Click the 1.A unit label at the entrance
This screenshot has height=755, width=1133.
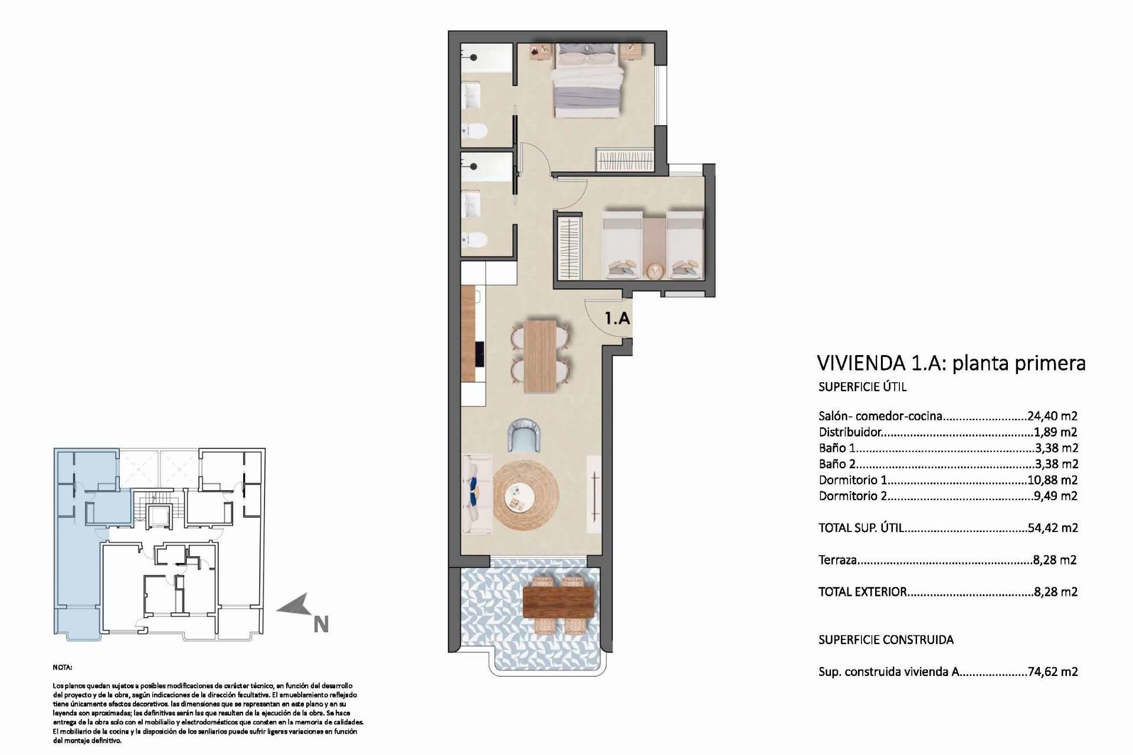[617, 319]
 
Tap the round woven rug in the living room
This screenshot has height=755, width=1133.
[526, 494]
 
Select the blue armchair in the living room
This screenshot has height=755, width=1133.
[525, 435]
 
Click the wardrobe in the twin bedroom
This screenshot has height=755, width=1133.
[570, 248]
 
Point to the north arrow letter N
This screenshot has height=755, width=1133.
[321, 625]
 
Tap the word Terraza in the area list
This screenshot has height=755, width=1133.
[837, 560]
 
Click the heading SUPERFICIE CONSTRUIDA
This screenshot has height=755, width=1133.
[886, 639]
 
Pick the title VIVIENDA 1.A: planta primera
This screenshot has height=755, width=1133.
[951, 363]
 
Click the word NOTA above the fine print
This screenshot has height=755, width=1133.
[63, 668]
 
